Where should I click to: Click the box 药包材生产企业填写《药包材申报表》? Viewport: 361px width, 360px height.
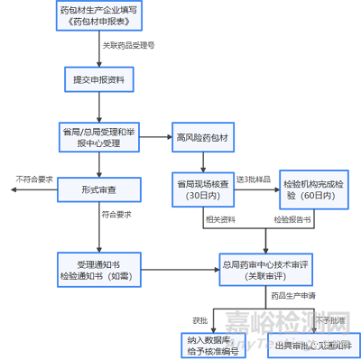[98, 18]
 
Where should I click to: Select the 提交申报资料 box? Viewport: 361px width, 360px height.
[98, 79]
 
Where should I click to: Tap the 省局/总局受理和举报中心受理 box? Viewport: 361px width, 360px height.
[98, 138]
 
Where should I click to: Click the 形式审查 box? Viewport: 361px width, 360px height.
[98, 191]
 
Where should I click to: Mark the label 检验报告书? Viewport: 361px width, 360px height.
[293, 219]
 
